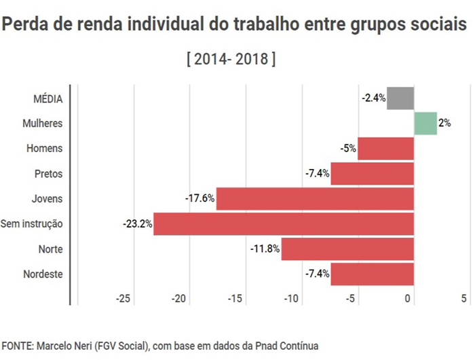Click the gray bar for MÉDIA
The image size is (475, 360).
coord(400,98)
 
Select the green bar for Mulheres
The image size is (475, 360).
coord(425,124)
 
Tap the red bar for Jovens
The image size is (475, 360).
coord(315,198)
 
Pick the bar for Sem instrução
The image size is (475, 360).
coord(284,223)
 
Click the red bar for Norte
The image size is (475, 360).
coord(347,249)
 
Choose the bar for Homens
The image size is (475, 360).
coord(385,148)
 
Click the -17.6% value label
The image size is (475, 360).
coord(199,198)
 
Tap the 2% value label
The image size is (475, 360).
coord(444,124)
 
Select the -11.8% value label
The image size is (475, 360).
coord(265,249)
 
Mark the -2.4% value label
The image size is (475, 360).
coord(373,98)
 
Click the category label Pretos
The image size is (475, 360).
coord(48,174)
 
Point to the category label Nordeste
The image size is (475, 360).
coord(43,274)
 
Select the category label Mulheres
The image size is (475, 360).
coord(41,124)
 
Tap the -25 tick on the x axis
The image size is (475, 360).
coord(123,299)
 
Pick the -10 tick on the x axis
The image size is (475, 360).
coord(292,299)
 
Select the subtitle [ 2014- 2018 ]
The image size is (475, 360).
coord(231,59)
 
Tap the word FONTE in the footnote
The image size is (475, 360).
coord(18,346)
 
